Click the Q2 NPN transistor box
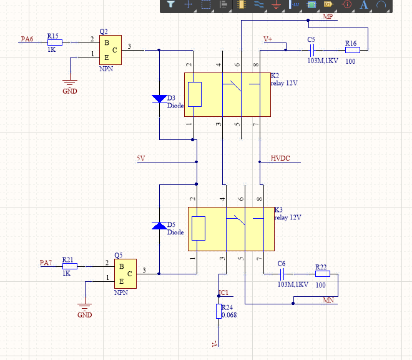(110, 50)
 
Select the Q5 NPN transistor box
(125, 274)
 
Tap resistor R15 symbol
(55, 42)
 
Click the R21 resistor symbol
(70, 266)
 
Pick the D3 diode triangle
(159, 99)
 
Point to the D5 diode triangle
(159, 226)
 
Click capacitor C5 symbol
(312, 50)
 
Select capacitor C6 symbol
(282, 274)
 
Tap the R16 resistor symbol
(353, 50)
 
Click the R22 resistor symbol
(323, 274)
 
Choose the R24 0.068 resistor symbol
(218, 311)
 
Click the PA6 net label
(27, 39)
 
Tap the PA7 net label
(46, 262)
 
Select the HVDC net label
(280, 158)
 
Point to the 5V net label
(141, 158)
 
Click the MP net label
(328, 16)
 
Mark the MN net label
(328, 300)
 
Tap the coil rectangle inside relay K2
(195, 94)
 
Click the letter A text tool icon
(364, 5)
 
